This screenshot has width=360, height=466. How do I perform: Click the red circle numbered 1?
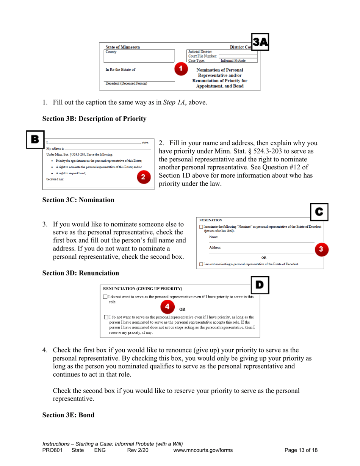pyautogui.click(x=181, y=69)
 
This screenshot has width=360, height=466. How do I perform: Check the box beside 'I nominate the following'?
pyautogui.click(x=201, y=227)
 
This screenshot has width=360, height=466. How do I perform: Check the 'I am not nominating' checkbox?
pyautogui.click(x=201, y=264)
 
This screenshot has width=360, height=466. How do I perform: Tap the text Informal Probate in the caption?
pyautogui.click(x=233, y=61)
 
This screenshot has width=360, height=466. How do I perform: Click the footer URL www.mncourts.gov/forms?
pyautogui.click(x=203, y=450)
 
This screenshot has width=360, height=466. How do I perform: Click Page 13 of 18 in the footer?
pyautogui.click(x=301, y=450)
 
